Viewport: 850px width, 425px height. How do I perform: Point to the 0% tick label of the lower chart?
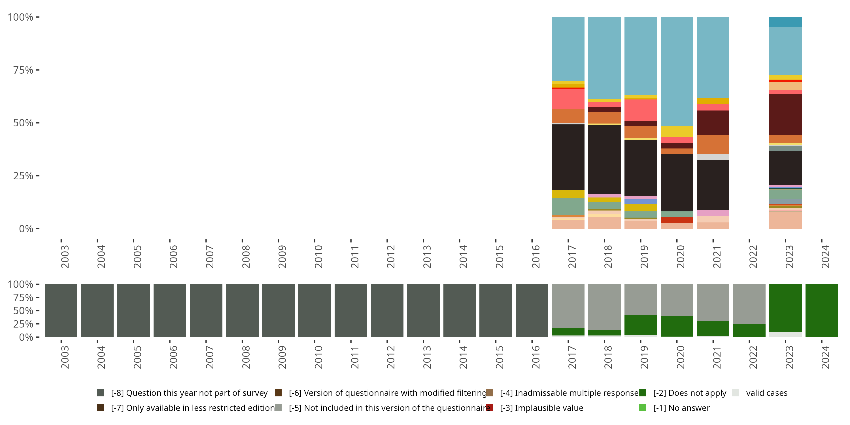point(26,337)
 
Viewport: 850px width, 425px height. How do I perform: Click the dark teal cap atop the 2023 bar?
point(785,22)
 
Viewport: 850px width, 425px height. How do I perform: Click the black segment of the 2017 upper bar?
point(568,157)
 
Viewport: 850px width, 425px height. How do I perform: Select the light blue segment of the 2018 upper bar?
point(604,58)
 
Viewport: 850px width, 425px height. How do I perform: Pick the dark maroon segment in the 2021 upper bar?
point(713,123)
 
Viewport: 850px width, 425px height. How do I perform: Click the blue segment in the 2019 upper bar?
point(640,201)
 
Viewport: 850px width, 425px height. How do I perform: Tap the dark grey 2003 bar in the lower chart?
point(61,311)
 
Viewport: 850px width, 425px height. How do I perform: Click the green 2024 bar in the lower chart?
point(822,311)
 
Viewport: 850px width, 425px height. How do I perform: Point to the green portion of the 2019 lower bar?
point(640,325)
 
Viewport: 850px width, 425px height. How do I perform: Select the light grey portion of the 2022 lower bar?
point(749,303)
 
